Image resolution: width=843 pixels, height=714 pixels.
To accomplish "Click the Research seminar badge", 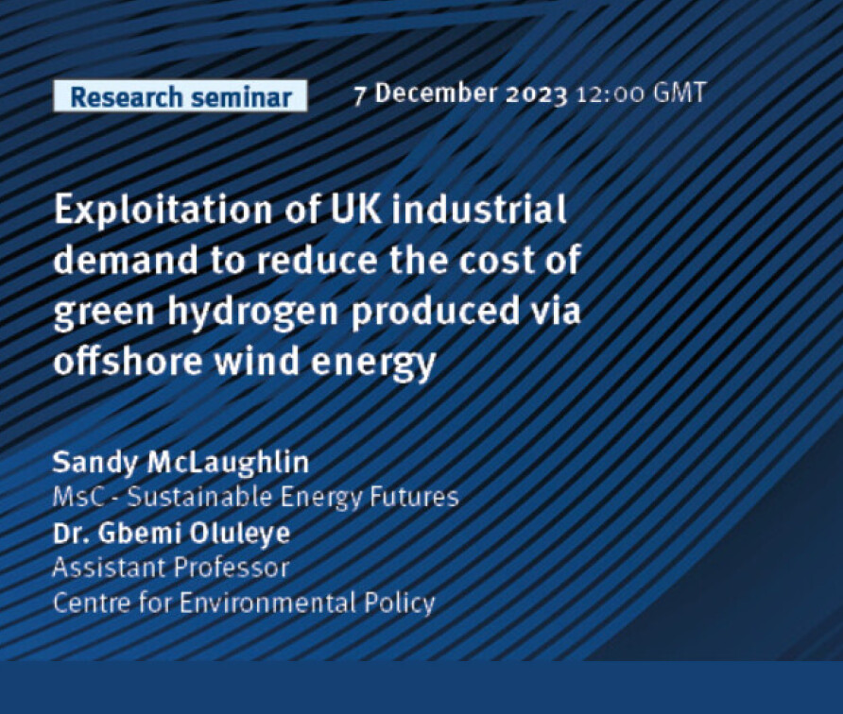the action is pos(181,96).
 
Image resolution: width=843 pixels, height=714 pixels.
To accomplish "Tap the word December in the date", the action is pos(436,93).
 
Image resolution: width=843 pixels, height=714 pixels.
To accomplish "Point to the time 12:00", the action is pos(611,94).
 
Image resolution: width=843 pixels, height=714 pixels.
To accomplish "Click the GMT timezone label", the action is pos(679,93).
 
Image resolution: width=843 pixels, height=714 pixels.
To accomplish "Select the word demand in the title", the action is pos(126,260).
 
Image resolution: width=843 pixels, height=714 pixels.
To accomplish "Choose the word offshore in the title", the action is pos(128,360).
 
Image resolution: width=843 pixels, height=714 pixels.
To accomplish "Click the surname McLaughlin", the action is pos(229,462).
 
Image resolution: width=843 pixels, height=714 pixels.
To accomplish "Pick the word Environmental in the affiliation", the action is pos(267,603).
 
